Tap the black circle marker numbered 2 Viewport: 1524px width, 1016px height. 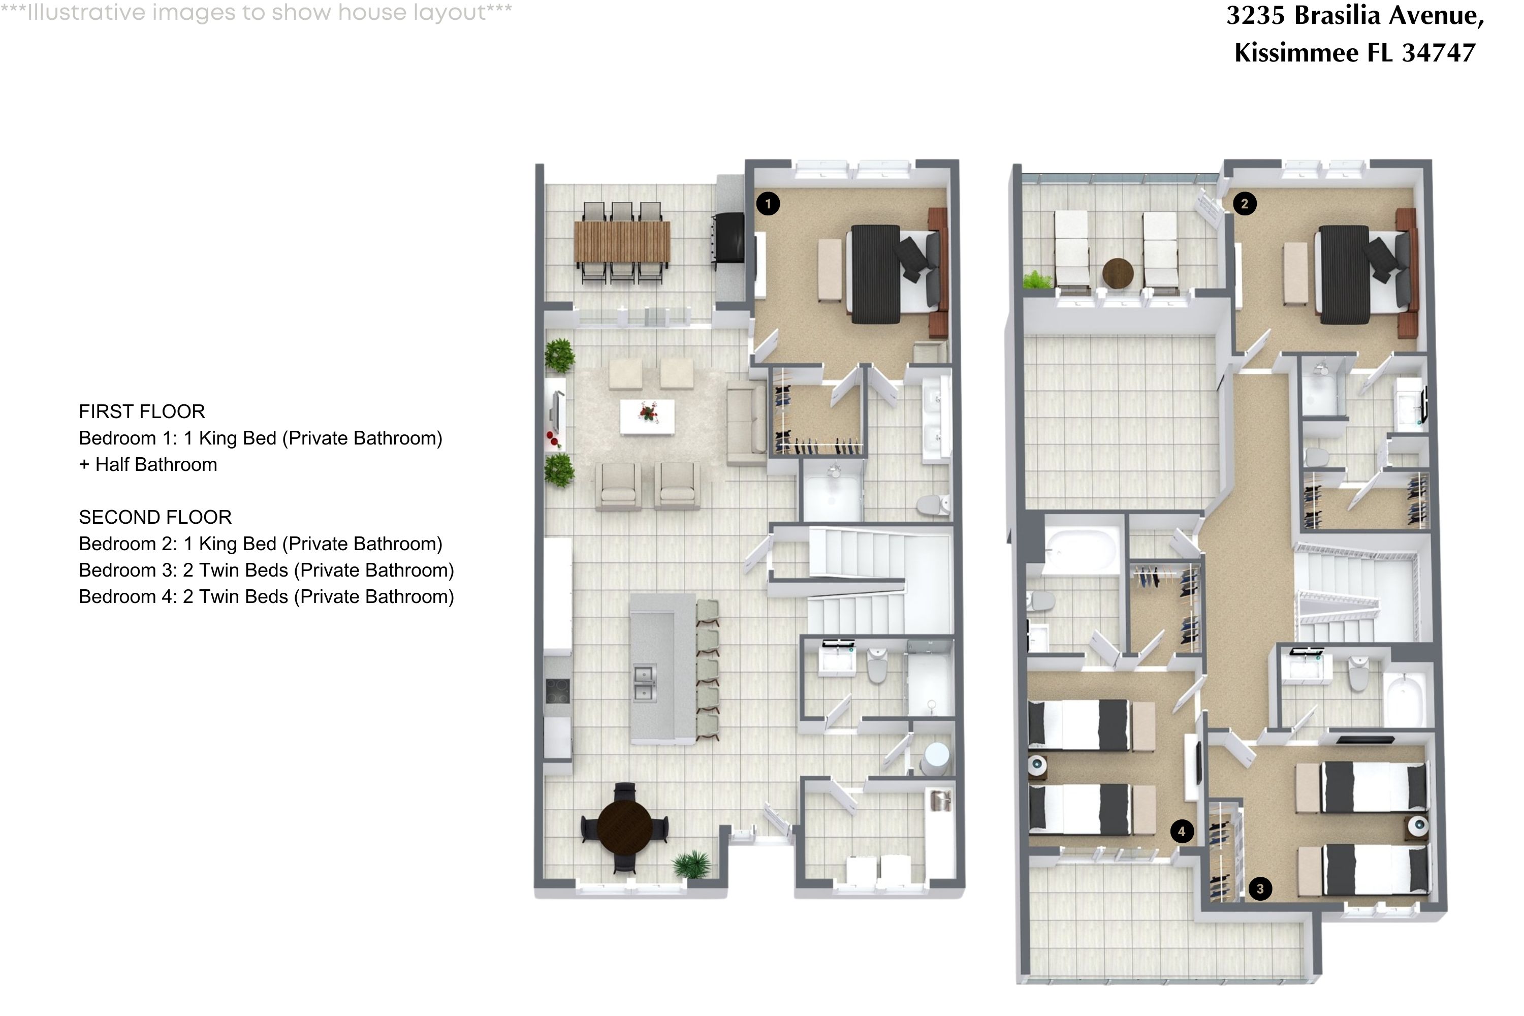point(1244,204)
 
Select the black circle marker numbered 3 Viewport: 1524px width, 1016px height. point(1260,888)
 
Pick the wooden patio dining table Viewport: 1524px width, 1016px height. point(622,242)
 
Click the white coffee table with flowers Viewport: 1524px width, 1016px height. point(647,416)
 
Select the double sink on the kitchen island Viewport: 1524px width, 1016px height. point(644,684)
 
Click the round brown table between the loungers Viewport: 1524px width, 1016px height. point(1118,273)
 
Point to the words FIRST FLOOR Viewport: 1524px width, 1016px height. point(142,411)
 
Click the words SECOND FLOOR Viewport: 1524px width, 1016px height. point(155,517)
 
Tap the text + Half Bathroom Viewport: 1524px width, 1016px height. point(148,465)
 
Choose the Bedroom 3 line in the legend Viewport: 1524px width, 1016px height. point(266,570)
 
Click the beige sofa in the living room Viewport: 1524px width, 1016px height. point(746,423)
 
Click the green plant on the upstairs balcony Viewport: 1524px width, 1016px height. point(1037,280)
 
